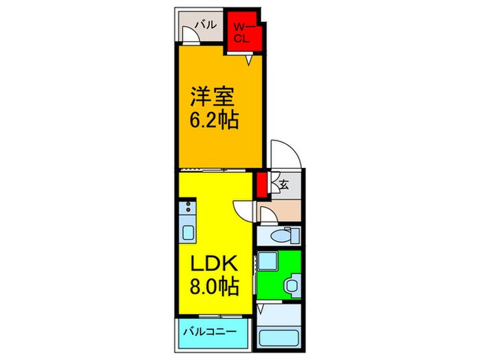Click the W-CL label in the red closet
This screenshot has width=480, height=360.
tap(242, 32)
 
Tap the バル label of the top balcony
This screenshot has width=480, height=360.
tap(205, 25)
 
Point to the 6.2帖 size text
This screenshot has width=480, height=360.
tap(215, 121)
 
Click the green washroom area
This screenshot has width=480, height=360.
tap(278, 275)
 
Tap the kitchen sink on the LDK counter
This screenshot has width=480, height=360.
tap(189, 230)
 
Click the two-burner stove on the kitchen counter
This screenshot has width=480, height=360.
tap(189, 206)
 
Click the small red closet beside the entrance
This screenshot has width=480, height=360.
tap(262, 184)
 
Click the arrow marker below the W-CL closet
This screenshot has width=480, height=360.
tap(250, 60)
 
